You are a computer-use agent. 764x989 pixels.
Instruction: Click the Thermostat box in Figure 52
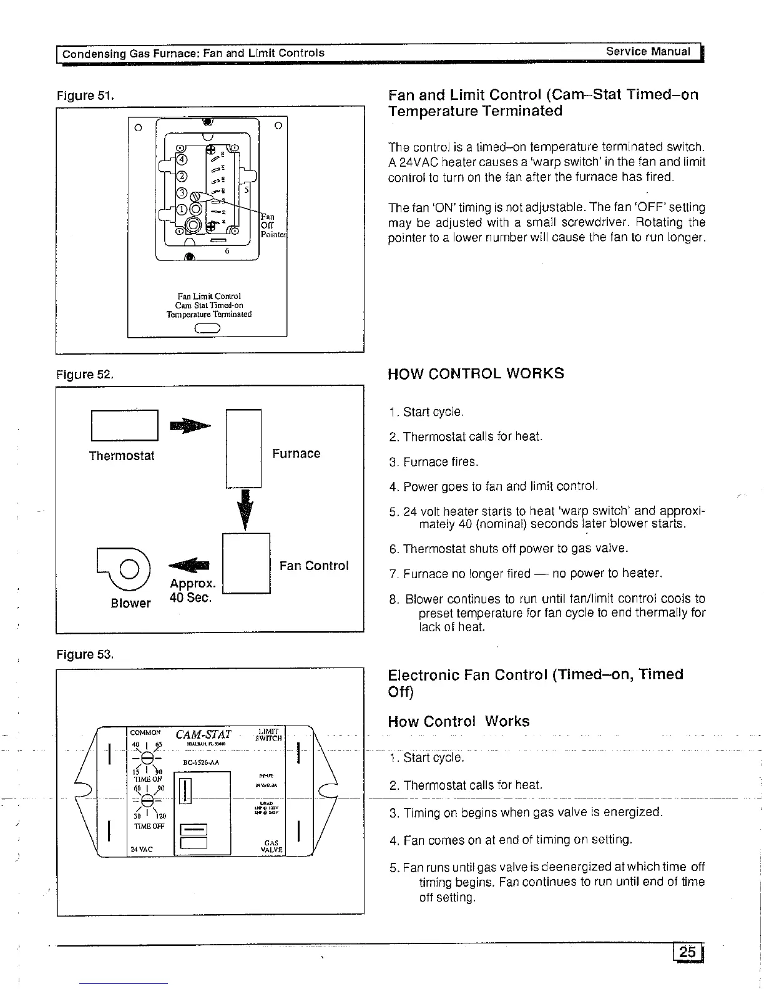point(124,425)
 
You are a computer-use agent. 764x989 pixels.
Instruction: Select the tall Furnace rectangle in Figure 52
point(243,448)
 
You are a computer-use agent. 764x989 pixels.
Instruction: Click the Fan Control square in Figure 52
point(246,563)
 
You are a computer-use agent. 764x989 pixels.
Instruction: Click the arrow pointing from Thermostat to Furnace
point(190,426)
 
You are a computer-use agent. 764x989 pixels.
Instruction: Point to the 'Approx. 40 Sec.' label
point(192,590)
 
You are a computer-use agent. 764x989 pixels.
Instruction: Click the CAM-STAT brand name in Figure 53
point(203,735)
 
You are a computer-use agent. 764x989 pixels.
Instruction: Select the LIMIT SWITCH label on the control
point(270,734)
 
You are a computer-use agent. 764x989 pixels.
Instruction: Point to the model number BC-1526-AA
point(200,762)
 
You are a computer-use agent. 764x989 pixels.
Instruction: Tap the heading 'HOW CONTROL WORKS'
point(476,373)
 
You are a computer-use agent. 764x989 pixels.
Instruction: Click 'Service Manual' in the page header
point(648,52)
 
